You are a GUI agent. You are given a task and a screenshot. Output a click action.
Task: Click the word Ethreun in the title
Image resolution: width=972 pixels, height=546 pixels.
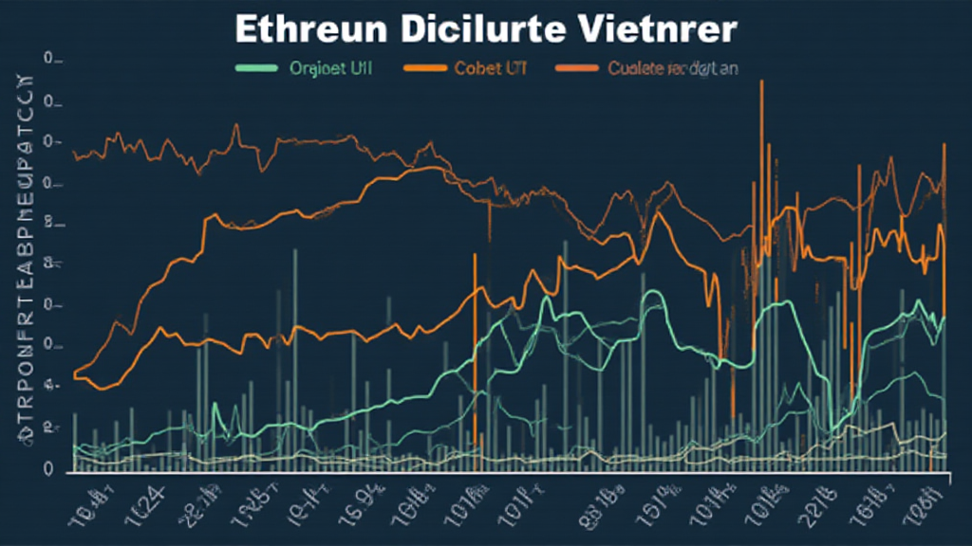click(302, 28)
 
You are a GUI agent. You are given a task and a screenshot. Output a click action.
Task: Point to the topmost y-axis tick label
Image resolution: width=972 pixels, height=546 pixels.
click(52, 61)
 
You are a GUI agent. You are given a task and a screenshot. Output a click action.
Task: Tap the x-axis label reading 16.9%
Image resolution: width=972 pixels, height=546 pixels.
click(360, 499)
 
